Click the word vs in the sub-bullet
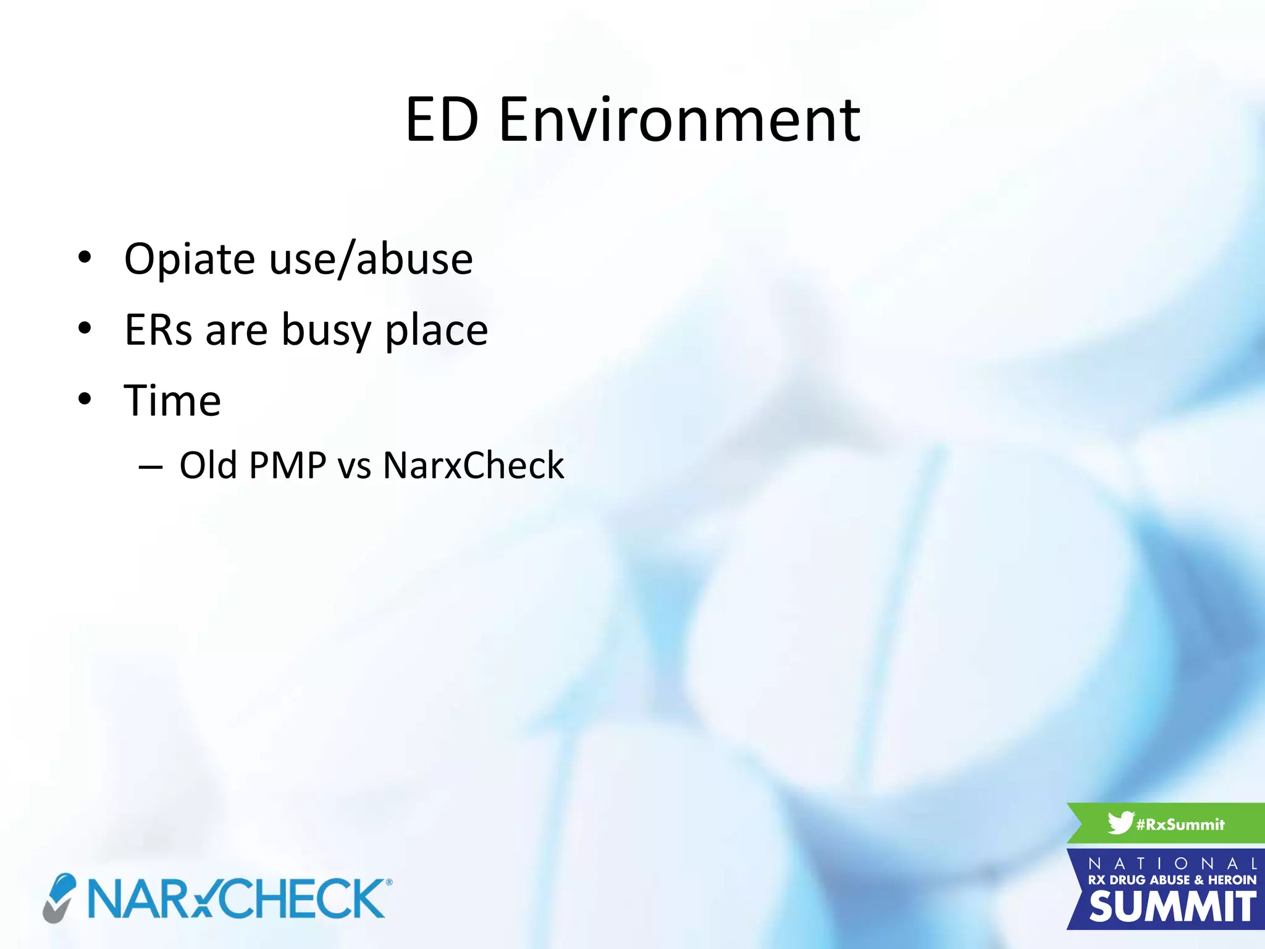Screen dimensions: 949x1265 tap(355, 466)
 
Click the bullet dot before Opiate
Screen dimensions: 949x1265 tap(85, 257)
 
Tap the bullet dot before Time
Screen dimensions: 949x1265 tap(85, 399)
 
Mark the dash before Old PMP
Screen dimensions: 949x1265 tap(151, 468)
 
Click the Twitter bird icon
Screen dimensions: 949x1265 tap(1120, 823)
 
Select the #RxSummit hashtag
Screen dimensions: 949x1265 tap(1180, 824)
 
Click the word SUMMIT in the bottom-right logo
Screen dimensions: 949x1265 tap(1172, 907)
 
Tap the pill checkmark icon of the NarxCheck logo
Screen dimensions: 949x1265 tap(59, 898)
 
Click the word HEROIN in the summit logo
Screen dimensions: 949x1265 tap(1232, 880)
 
